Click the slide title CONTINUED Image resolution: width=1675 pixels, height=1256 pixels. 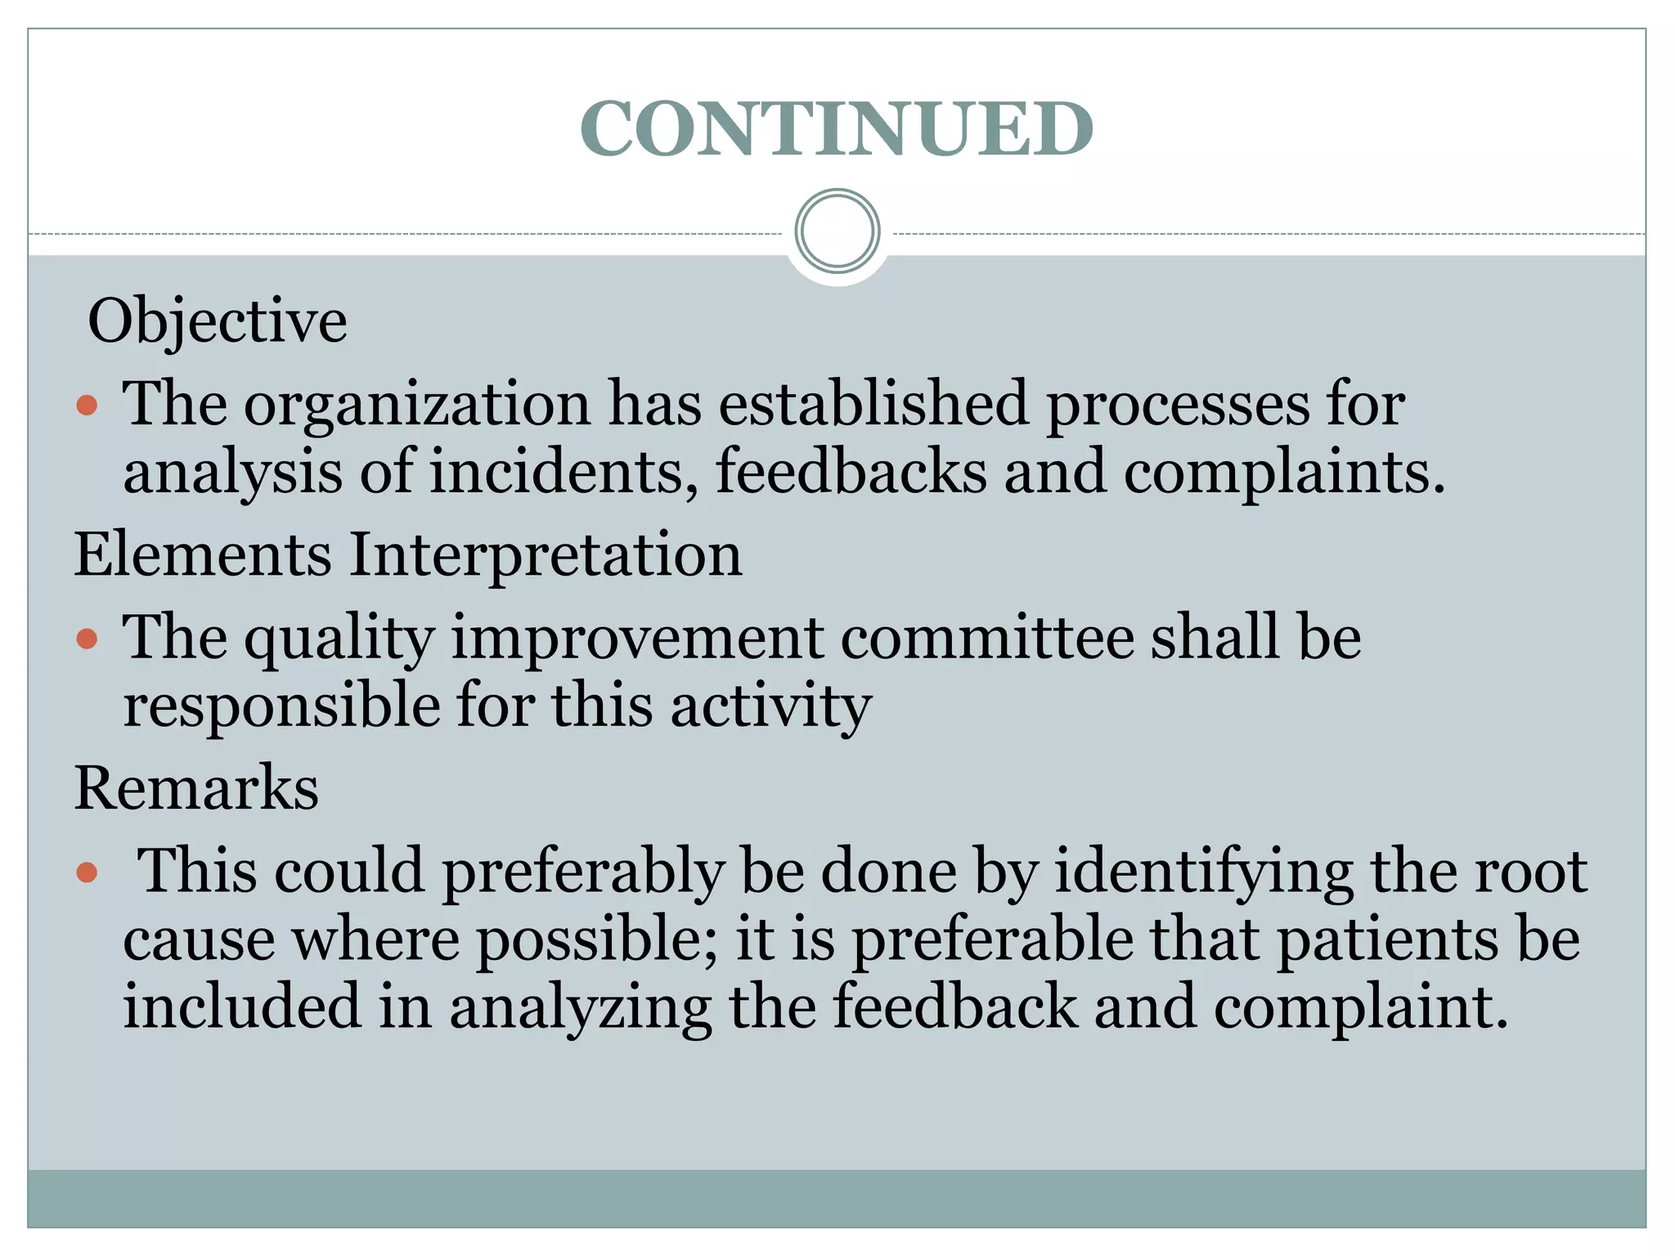click(x=836, y=128)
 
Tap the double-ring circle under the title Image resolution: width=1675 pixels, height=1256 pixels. click(x=837, y=231)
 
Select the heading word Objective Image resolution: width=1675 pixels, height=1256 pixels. click(x=218, y=321)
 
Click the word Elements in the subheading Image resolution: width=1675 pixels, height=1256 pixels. click(x=203, y=554)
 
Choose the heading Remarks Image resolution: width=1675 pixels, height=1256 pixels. click(x=196, y=788)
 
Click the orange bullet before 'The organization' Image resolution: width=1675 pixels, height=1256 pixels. click(x=87, y=405)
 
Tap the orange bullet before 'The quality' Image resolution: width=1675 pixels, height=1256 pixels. click(x=87, y=638)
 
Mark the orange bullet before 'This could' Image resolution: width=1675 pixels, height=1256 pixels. click(x=87, y=872)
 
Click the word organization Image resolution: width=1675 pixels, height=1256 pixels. click(x=417, y=405)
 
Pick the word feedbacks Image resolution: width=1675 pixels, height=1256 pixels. click(x=851, y=472)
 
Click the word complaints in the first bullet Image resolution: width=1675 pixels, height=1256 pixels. click(x=1284, y=473)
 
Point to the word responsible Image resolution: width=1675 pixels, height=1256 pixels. click(x=281, y=705)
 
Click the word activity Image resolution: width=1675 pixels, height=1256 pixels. click(x=770, y=706)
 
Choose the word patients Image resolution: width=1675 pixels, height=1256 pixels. click(x=1388, y=940)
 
